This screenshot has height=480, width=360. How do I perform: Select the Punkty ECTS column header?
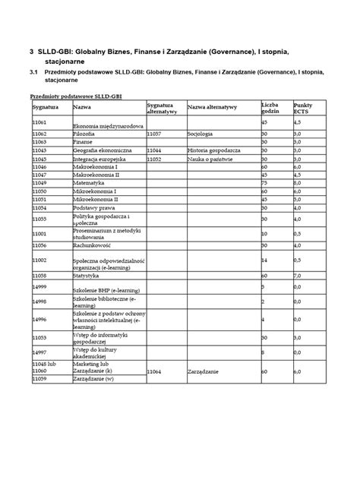[304, 107]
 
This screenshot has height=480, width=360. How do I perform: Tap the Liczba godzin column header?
[271, 107]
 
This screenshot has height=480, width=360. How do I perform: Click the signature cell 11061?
[39, 122]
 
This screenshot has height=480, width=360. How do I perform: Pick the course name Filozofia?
[84, 133]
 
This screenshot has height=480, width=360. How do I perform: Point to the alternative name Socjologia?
[203, 133]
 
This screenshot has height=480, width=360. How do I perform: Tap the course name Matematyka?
[88, 183]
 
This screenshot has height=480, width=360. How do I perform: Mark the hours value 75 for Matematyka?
[264, 183]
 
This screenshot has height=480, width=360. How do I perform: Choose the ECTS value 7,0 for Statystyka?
[298, 275]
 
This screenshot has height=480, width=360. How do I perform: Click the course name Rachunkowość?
[92, 245]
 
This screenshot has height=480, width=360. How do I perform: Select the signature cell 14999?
[39, 287]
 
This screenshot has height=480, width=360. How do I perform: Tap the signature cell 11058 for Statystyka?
[39, 275]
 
